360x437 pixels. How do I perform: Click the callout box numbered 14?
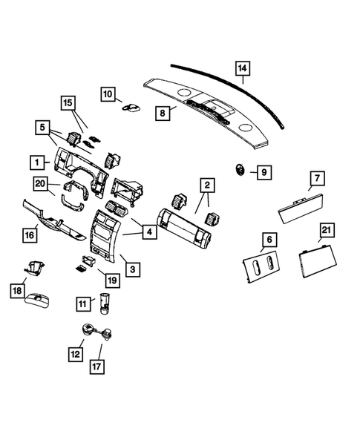[x=242, y=69]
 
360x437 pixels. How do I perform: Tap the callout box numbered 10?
[x=108, y=94]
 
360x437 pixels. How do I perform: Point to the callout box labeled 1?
[x=35, y=160]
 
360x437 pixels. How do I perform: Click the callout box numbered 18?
[x=17, y=292]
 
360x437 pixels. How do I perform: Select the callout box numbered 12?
[x=76, y=355]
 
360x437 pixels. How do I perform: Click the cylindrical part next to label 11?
[x=105, y=303]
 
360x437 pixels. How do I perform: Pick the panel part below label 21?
[x=316, y=261]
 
